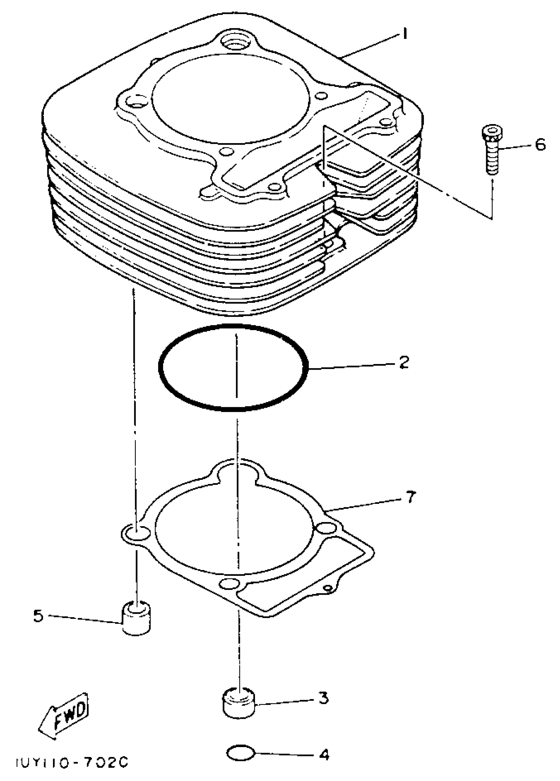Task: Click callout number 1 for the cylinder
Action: click(x=405, y=34)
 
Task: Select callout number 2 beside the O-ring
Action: click(x=404, y=362)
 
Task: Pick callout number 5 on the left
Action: click(x=38, y=616)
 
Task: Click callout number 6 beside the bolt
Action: click(x=540, y=144)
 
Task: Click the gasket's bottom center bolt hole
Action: click(x=230, y=583)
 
